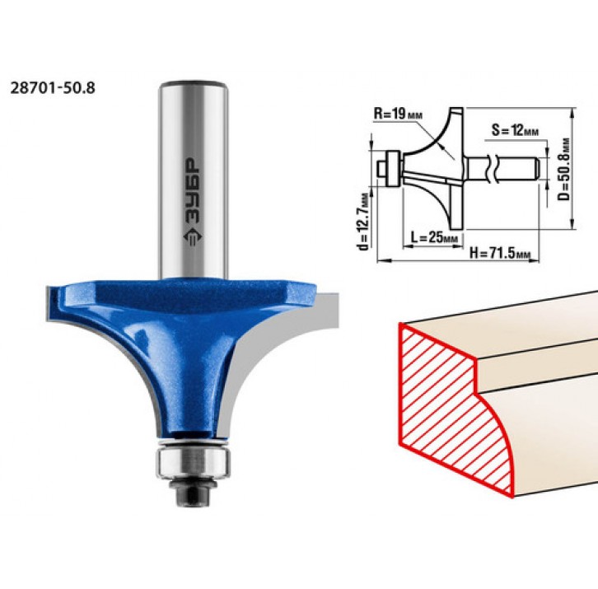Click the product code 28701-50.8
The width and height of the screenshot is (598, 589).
pos(52,88)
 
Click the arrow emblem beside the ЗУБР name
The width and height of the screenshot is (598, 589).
pos(194,237)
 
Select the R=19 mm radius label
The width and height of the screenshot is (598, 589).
pos(398,114)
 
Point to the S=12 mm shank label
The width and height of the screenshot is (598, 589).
pos(515,130)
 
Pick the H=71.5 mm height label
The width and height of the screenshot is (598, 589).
pos(500,253)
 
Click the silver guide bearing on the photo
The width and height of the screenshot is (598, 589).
pos(194,461)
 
